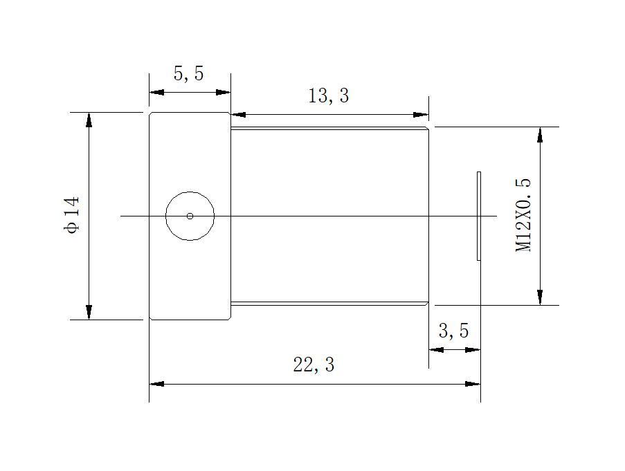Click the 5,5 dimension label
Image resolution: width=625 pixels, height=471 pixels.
(x=188, y=74)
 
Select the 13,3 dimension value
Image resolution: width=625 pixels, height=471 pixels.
(x=328, y=96)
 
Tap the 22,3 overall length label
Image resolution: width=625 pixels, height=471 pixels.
(x=314, y=364)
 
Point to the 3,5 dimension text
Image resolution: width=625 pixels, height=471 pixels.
(x=453, y=331)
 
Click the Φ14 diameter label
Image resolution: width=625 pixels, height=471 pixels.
(x=73, y=216)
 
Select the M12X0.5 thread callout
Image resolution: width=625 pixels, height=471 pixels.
(x=524, y=215)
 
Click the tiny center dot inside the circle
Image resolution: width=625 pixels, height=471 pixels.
(x=190, y=216)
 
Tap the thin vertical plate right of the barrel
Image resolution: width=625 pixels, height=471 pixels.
(x=478, y=216)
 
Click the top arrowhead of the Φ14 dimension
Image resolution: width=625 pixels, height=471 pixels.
(x=89, y=120)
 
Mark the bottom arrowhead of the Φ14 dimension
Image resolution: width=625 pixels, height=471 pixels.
(x=89, y=312)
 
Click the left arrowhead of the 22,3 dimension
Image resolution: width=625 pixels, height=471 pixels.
(x=157, y=383)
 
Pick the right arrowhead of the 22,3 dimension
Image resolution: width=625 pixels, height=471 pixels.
(x=473, y=383)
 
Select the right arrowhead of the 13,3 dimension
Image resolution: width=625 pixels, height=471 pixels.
(x=421, y=115)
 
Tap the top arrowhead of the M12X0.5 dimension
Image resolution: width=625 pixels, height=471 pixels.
(x=540, y=134)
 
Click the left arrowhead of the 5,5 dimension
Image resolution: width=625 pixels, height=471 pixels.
(x=157, y=92)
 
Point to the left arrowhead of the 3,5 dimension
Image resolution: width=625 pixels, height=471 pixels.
(x=436, y=349)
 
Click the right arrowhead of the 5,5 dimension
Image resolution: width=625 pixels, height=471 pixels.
(x=223, y=92)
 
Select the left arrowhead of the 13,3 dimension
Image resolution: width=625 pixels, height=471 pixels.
(x=238, y=115)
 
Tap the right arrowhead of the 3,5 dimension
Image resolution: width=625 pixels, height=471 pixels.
(x=473, y=349)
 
